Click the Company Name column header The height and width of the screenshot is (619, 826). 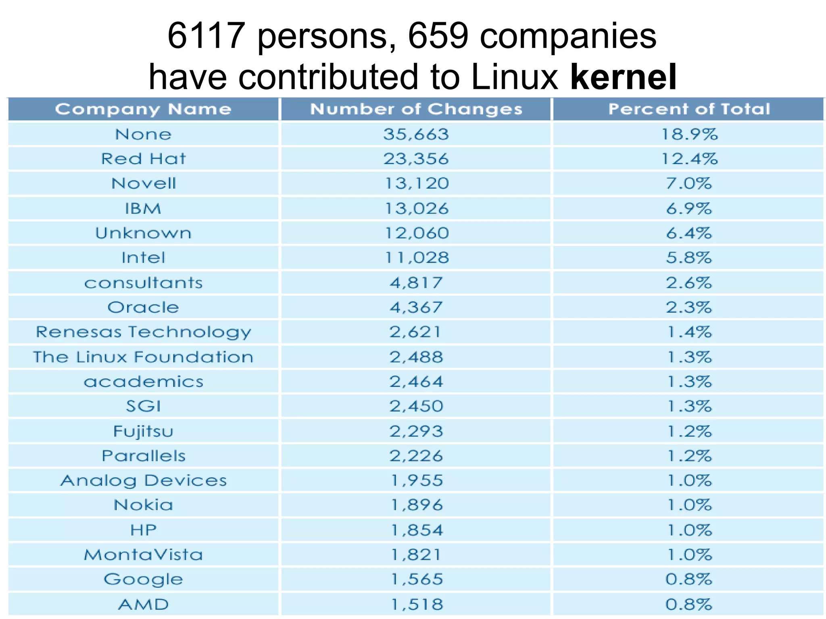coord(143,109)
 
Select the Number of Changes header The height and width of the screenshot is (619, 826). coord(416,109)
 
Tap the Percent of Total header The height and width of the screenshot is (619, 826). coord(689,109)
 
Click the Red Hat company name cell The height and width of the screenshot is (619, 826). coord(143,159)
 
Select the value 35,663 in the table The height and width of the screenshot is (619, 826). coord(416,134)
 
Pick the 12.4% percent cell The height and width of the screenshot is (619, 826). coord(689,159)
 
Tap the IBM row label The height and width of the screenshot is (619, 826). coord(143,209)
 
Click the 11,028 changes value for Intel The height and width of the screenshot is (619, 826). coord(416,258)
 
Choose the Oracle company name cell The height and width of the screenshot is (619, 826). coord(143,307)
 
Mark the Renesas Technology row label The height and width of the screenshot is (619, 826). coord(143,332)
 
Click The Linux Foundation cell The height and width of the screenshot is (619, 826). coord(143,357)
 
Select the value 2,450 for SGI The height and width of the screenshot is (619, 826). coord(416,406)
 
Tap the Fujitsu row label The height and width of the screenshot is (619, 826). coord(143,431)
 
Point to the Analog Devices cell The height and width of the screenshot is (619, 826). coord(143,480)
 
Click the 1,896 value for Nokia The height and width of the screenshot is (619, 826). coord(416,505)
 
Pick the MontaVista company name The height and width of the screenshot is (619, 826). coord(143,555)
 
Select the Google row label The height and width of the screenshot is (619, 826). coord(143,580)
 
